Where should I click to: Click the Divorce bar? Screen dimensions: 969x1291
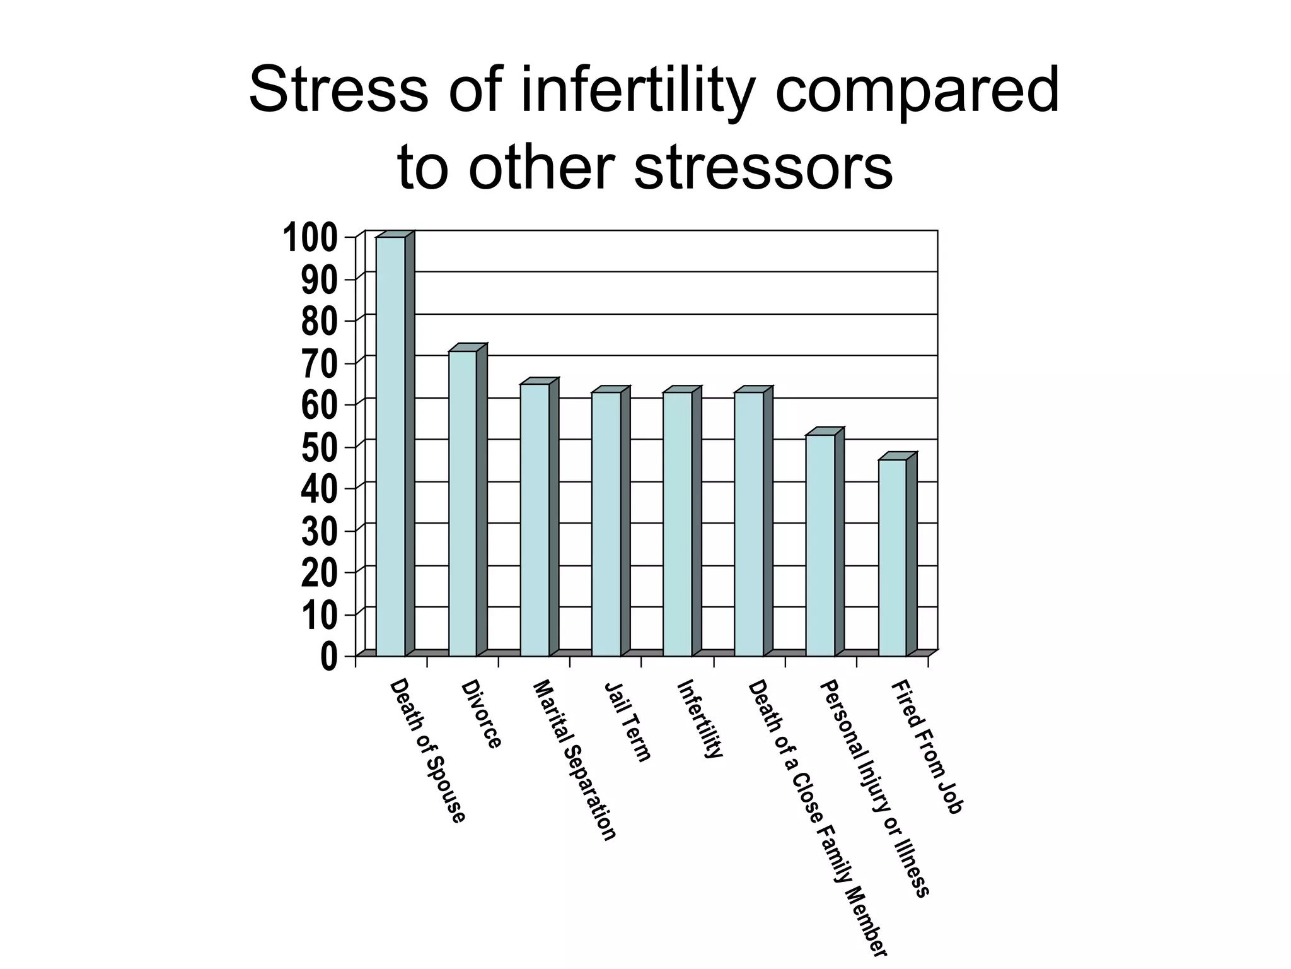click(463, 503)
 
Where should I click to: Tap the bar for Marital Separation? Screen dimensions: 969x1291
click(535, 519)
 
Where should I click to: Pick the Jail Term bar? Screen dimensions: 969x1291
click(606, 524)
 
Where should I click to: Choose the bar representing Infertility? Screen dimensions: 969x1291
click(677, 524)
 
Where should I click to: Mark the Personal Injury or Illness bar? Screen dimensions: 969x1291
click(820, 544)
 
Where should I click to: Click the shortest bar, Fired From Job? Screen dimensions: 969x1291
click(893, 557)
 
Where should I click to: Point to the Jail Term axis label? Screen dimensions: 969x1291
click(627, 722)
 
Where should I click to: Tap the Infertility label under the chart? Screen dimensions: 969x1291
click(699, 719)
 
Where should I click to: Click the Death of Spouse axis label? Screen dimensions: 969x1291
click(428, 751)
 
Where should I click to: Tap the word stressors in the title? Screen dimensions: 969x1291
click(763, 168)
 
